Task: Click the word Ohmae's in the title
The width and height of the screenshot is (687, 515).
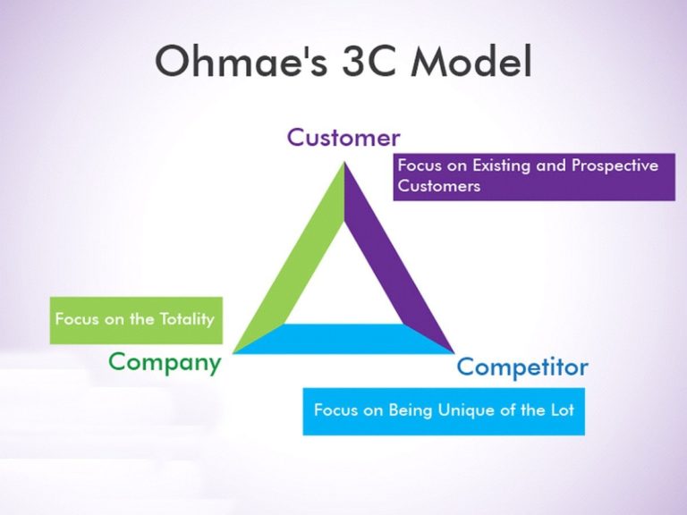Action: pyautogui.click(x=241, y=61)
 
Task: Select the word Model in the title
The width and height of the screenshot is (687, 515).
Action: pyautogui.click(x=471, y=61)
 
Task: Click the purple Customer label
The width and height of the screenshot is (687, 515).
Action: pyautogui.click(x=343, y=137)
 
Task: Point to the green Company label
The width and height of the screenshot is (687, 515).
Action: pyautogui.click(x=165, y=363)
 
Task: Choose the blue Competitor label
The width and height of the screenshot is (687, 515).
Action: pyautogui.click(x=522, y=367)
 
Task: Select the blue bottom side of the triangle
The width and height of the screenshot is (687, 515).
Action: pyautogui.click(x=343, y=339)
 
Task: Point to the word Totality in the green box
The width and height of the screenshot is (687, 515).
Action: pyautogui.click(x=187, y=319)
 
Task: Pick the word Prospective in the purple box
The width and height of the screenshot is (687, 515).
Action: pyautogui.click(x=615, y=166)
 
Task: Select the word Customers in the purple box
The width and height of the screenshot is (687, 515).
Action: pyautogui.click(x=439, y=186)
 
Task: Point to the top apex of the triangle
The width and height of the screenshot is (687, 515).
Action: pyautogui.click(x=344, y=162)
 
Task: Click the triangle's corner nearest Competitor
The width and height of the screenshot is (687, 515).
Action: pyautogui.click(x=454, y=352)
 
